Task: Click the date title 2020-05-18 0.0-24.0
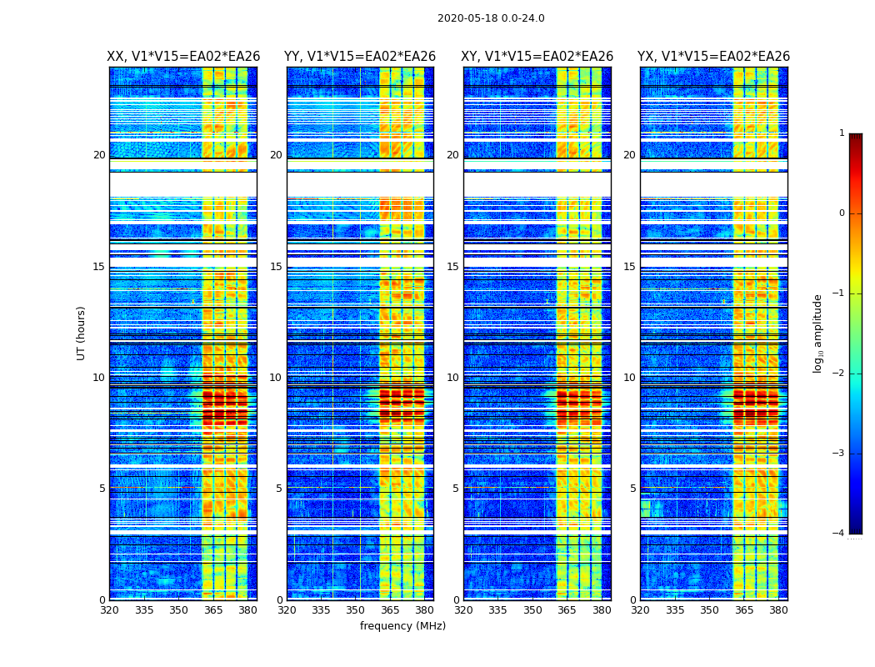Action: point(491,18)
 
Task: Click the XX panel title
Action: point(183,57)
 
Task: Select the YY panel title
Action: point(360,57)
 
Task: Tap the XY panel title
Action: point(537,57)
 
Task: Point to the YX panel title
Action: point(713,57)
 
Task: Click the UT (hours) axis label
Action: point(82,333)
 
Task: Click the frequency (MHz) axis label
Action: point(402,626)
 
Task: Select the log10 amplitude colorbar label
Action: point(818,333)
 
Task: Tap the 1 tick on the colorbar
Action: point(842,133)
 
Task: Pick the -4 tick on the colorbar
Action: point(839,534)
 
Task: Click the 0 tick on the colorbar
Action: point(842,213)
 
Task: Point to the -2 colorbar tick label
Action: point(839,374)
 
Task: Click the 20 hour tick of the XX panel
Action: point(99,155)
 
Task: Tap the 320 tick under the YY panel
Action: point(287,610)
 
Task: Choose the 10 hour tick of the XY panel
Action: point(452,378)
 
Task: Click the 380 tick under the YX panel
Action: point(778,610)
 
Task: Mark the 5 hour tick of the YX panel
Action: point(632,489)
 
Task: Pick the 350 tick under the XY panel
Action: point(532,610)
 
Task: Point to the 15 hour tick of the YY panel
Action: point(276,267)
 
